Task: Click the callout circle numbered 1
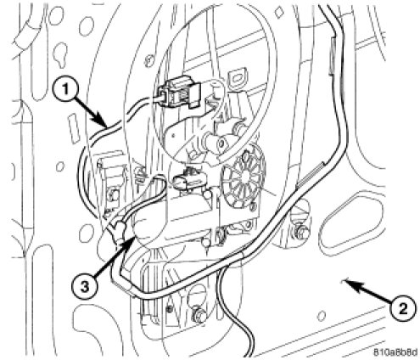[65, 90]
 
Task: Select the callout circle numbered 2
[403, 307]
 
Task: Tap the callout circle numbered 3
[85, 287]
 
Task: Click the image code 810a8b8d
[395, 352]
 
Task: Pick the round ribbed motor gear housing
[244, 178]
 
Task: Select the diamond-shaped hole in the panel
[279, 12]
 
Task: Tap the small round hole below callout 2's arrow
[321, 315]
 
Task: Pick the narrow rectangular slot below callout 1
[73, 128]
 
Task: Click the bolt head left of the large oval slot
[300, 232]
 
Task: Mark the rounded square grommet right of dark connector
[237, 77]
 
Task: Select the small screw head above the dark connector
[148, 61]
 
